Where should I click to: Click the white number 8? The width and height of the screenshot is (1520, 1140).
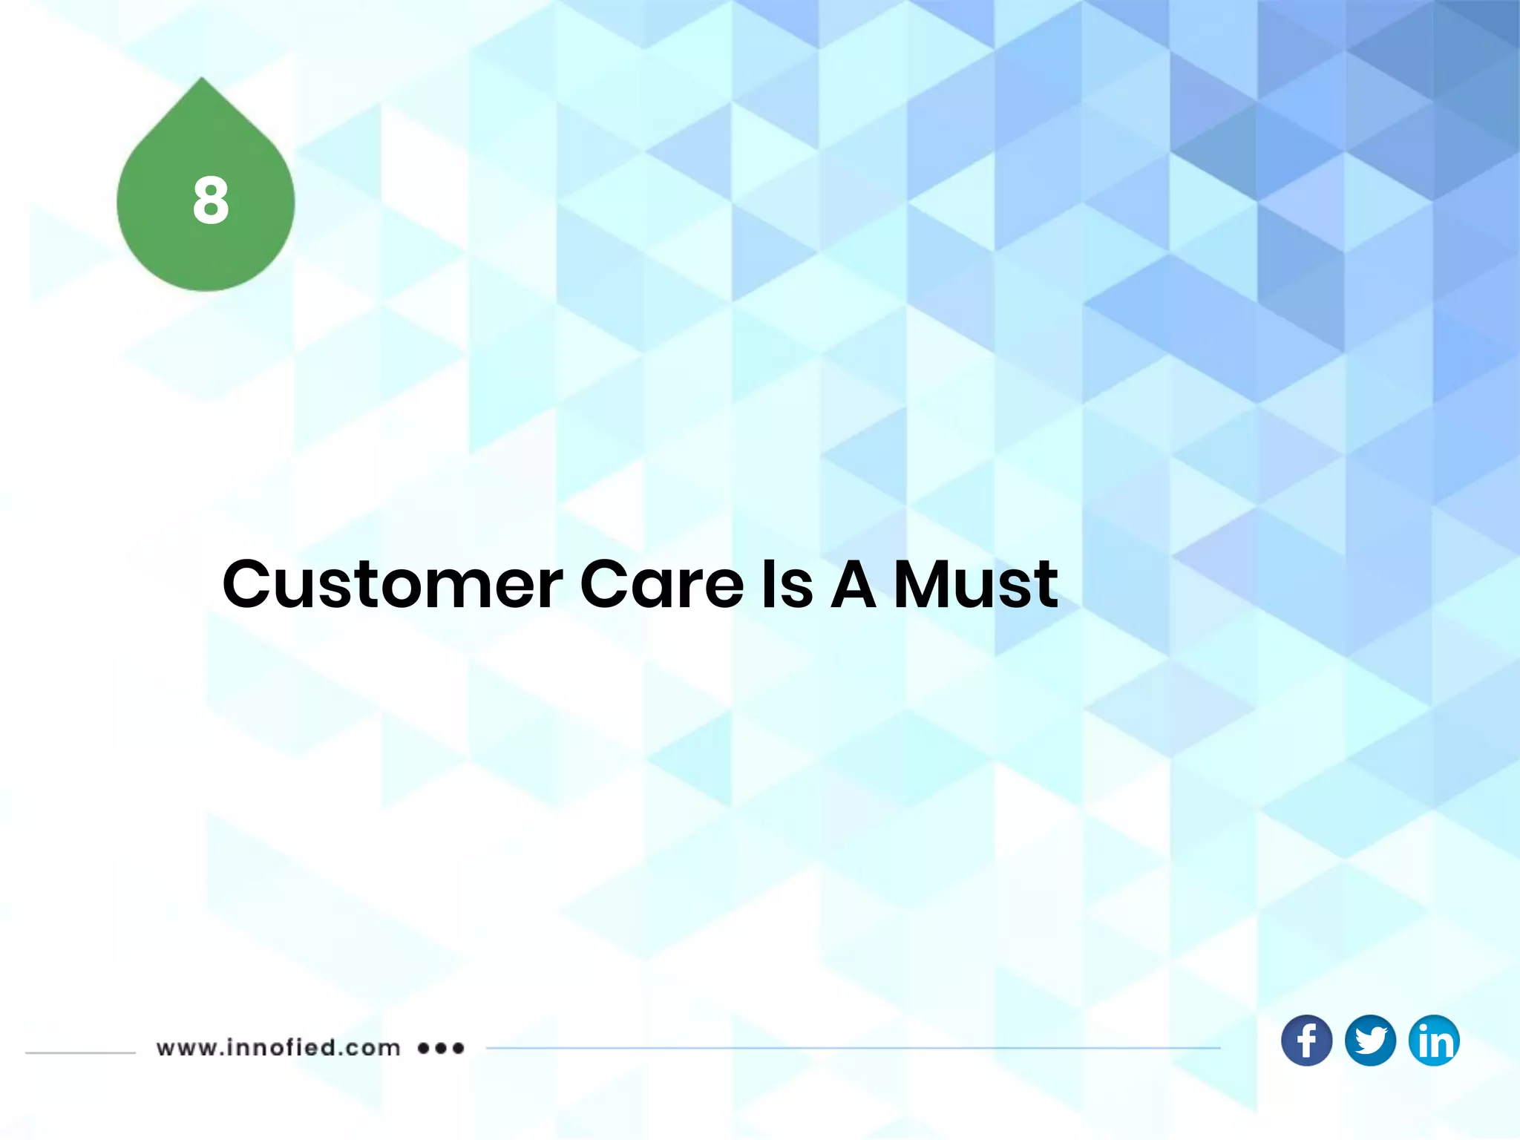pyautogui.click(x=211, y=200)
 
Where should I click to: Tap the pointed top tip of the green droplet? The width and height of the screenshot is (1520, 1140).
pyautogui.click(x=202, y=79)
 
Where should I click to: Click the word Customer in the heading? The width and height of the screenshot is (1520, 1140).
pyautogui.click(x=393, y=585)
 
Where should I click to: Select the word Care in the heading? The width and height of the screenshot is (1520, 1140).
pyautogui.click(x=661, y=585)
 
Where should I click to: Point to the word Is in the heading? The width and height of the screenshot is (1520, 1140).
pyautogui.click(x=787, y=585)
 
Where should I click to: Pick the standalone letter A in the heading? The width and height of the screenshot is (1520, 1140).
pyautogui.click(x=854, y=585)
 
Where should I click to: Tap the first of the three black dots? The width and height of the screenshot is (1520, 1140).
pyautogui.click(x=424, y=1049)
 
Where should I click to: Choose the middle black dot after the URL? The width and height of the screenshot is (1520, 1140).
pyautogui.click(x=442, y=1049)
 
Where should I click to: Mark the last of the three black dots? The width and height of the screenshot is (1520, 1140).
pyautogui.click(x=459, y=1049)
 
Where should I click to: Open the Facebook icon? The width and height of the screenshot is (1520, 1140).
pyautogui.click(x=1306, y=1041)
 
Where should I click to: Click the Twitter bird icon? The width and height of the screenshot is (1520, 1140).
pyautogui.click(x=1370, y=1041)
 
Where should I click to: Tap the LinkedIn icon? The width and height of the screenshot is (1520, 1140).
pyautogui.click(x=1434, y=1041)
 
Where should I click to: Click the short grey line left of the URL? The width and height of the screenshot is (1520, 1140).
pyautogui.click(x=80, y=1052)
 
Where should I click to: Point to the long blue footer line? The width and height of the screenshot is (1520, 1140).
pyautogui.click(x=854, y=1049)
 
